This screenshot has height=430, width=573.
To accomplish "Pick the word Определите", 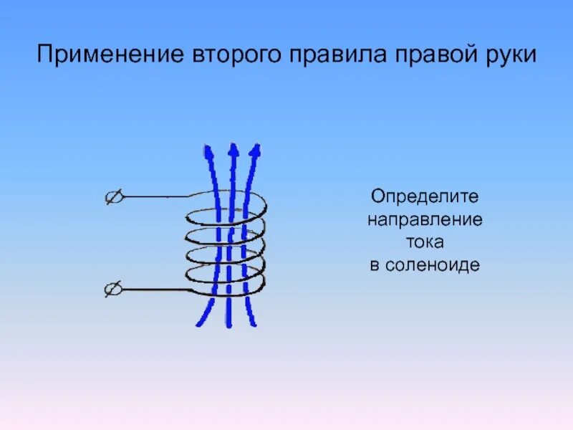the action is pyautogui.click(x=425, y=196).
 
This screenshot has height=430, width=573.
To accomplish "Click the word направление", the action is pyautogui.click(x=425, y=219).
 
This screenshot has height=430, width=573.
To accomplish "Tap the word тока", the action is pyautogui.click(x=425, y=242).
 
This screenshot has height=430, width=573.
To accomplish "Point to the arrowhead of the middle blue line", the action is pyautogui.click(x=232, y=150).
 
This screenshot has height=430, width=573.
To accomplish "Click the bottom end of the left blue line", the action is pyautogui.click(x=200, y=324).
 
